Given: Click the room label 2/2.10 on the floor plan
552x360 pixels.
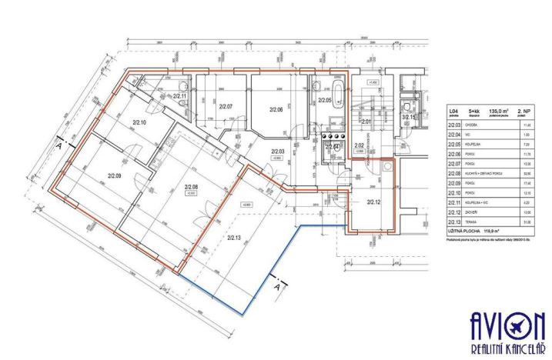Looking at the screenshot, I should (x=139, y=122).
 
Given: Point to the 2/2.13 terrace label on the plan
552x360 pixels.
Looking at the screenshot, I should (x=235, y=238).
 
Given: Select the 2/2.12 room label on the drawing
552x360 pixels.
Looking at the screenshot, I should (x=374, y=202).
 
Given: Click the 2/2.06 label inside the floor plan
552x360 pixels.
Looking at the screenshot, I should (x=277, y=110).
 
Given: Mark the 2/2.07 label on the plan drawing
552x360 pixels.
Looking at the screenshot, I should (x=226, y=106).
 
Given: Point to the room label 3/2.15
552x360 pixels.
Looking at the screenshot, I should (x=409, y=117).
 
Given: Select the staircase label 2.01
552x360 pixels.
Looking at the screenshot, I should (x=366, y=122).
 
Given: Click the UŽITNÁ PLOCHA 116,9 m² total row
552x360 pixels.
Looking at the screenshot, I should (x=477, y=229).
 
